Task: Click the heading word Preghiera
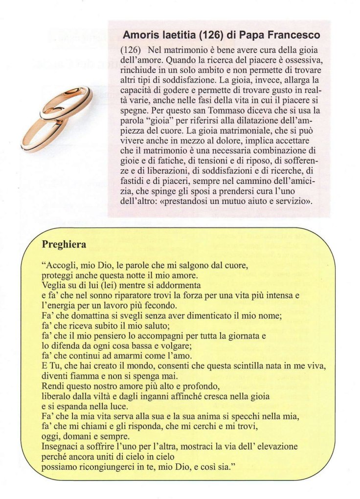(64, 244)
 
